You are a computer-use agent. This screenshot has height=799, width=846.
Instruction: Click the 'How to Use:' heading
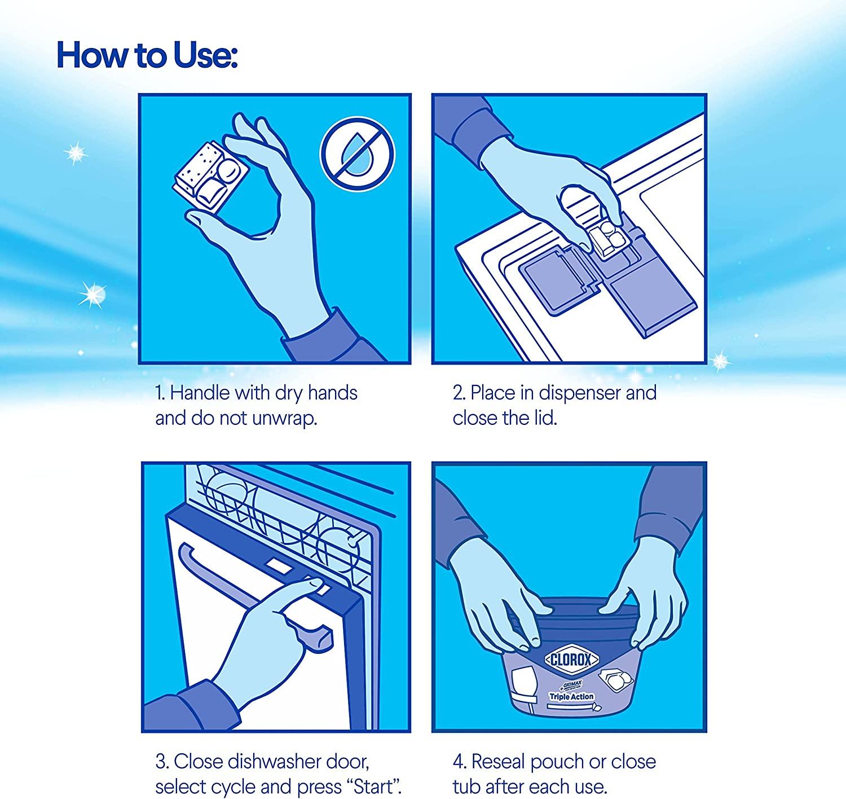147,55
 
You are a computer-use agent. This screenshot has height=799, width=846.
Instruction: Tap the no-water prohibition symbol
358,154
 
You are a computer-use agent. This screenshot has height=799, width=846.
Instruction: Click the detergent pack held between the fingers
211,175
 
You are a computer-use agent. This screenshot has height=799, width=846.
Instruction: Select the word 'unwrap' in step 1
284,418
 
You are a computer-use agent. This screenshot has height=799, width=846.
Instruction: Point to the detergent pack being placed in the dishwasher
609,242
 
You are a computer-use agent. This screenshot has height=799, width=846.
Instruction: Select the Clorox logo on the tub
572,660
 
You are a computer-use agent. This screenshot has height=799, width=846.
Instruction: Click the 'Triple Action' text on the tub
571,696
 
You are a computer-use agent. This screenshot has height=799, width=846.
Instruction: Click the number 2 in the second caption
457,393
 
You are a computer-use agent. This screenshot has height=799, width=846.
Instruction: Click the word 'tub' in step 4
466,787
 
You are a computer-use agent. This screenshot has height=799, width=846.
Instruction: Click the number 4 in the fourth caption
459,762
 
